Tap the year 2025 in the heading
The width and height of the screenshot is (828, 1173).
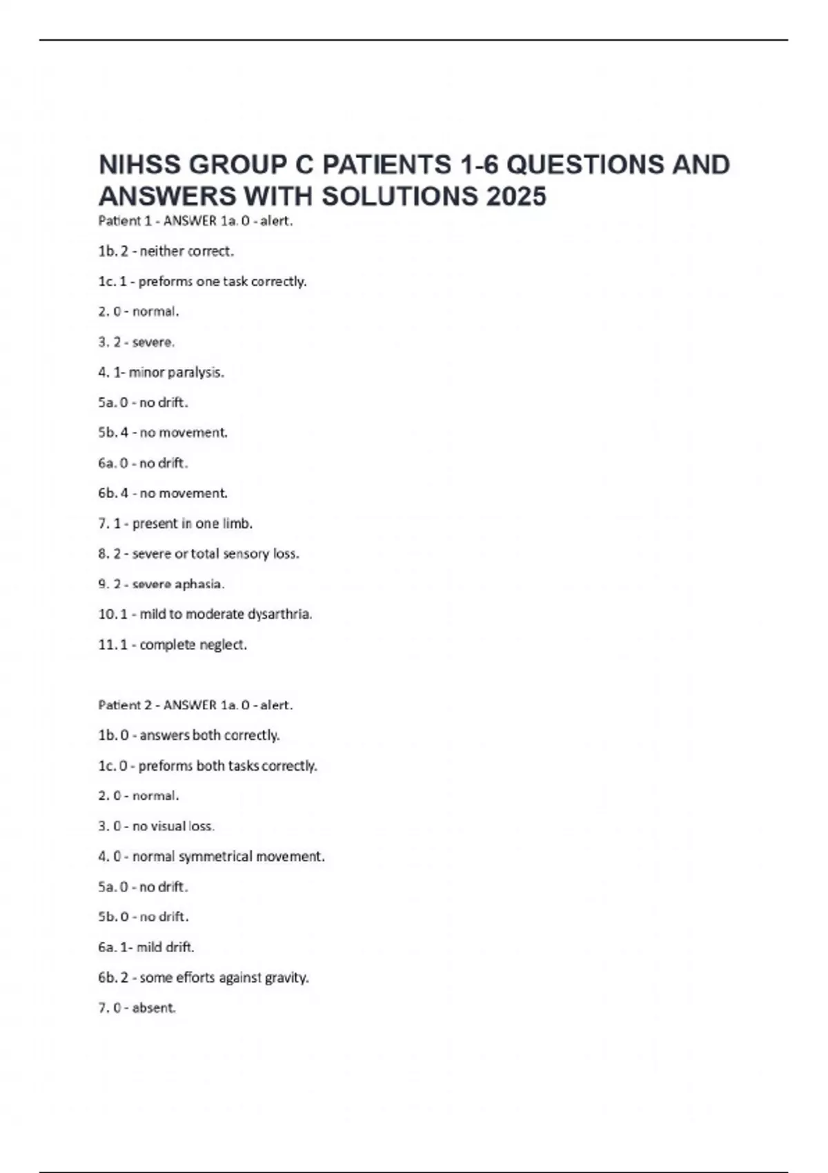516,197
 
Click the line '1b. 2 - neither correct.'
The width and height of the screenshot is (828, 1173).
166,251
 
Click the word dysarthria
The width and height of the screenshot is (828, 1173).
279,614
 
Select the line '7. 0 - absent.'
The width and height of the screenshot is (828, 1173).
137,1008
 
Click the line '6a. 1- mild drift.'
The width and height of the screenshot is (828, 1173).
146,947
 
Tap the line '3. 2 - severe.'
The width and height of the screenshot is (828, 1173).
137,342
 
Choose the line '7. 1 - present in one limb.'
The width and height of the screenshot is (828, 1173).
175,524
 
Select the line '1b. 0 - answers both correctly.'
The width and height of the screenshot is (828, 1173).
189,736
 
